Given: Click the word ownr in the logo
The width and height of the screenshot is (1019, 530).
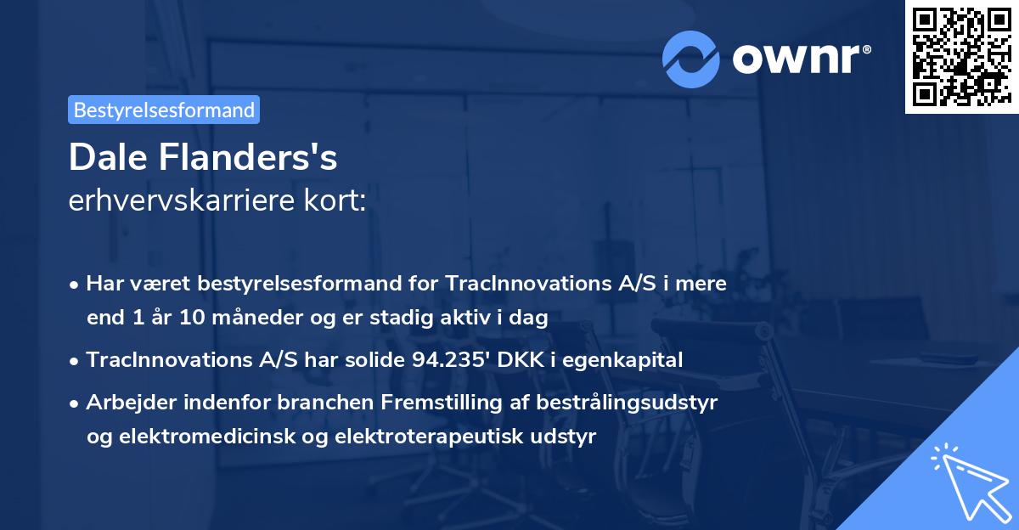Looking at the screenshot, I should pyautogui.click(x=798, y=59).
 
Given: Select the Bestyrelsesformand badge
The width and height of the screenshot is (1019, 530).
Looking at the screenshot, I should pyautogui.click(x=164, y=110).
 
